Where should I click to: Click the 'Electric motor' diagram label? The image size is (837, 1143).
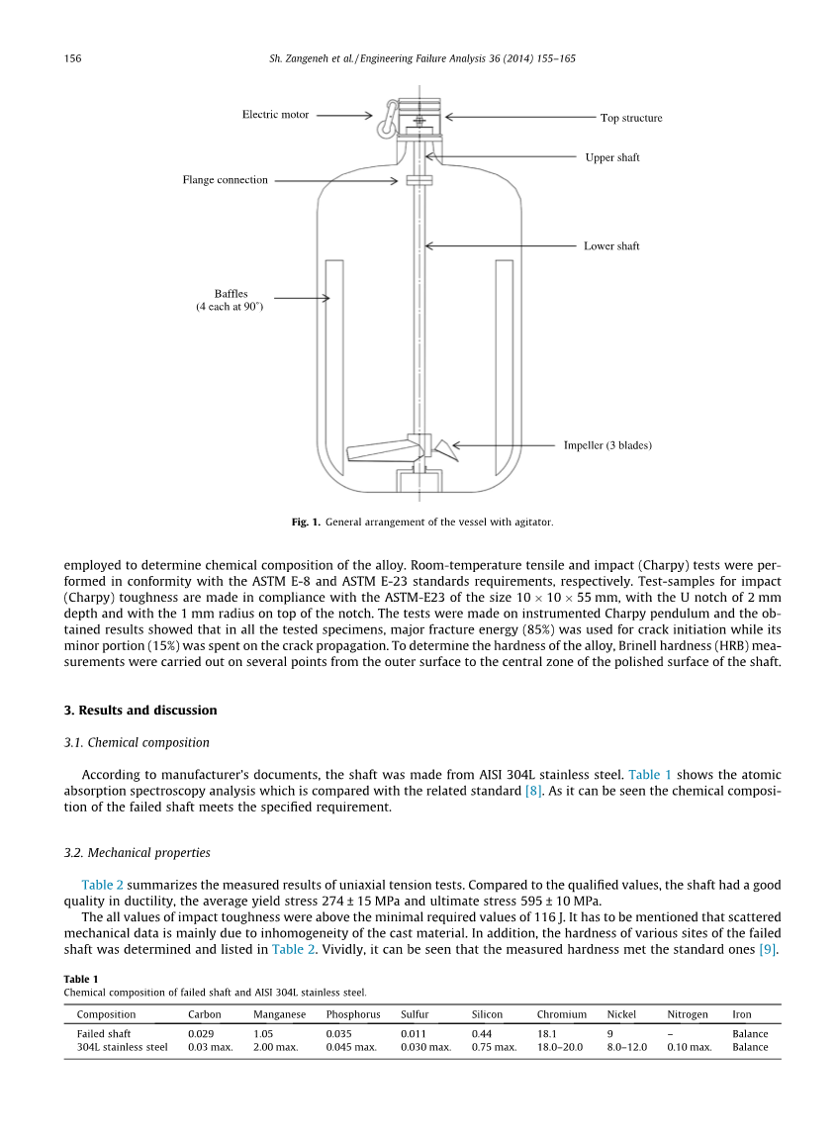point(275,115)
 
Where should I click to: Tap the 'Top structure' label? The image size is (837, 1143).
point(631,119)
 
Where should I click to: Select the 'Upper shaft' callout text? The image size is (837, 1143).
point(612,157)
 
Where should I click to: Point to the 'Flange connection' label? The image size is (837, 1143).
point(225,180)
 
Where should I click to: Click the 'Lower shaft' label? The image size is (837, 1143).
point(611,246)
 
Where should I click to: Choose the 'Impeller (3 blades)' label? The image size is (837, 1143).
point(607,445)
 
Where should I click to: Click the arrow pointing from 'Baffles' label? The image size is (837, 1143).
point(301,298)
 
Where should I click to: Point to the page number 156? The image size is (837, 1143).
point(72,59)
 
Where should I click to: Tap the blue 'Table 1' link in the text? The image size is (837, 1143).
point(650,775)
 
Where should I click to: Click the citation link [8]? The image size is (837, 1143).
point(533,791)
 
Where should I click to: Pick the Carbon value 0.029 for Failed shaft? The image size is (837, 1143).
point(202,1034)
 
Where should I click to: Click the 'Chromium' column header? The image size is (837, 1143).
point(562,1014)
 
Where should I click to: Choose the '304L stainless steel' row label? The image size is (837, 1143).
point(122,1047)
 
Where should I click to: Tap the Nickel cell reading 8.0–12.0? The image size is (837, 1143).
point(626,1047)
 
